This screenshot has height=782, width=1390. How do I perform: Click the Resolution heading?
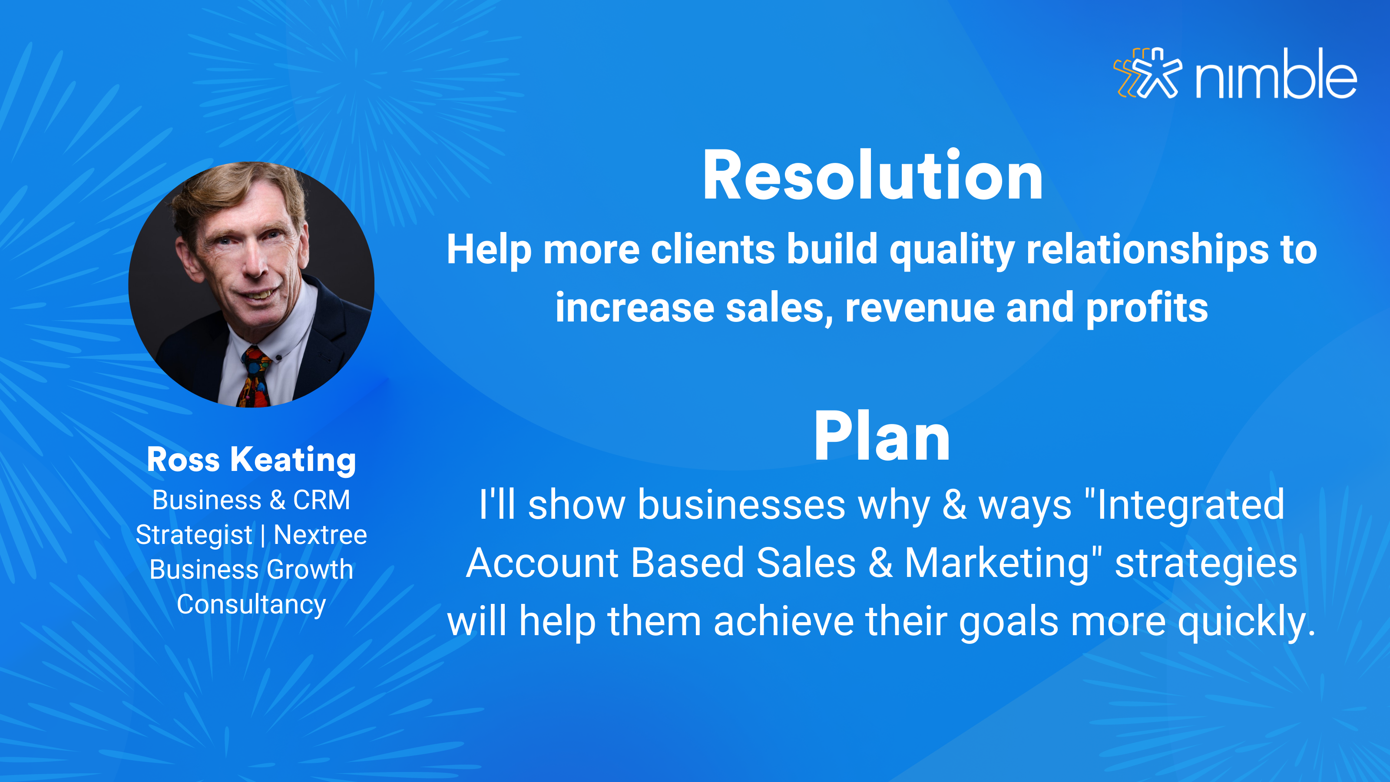tap(873, 176)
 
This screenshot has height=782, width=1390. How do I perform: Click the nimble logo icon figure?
tap(1148, 73)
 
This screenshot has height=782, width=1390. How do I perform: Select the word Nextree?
tap(321, 535)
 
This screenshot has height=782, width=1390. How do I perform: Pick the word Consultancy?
tap(252, 604)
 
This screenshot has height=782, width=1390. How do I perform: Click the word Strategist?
tap(194, 535)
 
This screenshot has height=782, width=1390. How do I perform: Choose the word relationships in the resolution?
tap(1147, 250)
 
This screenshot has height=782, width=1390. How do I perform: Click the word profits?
tap(1147, 308)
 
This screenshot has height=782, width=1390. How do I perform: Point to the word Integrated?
tap(1190, 504)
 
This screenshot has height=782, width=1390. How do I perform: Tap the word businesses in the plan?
tap(742, 505)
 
